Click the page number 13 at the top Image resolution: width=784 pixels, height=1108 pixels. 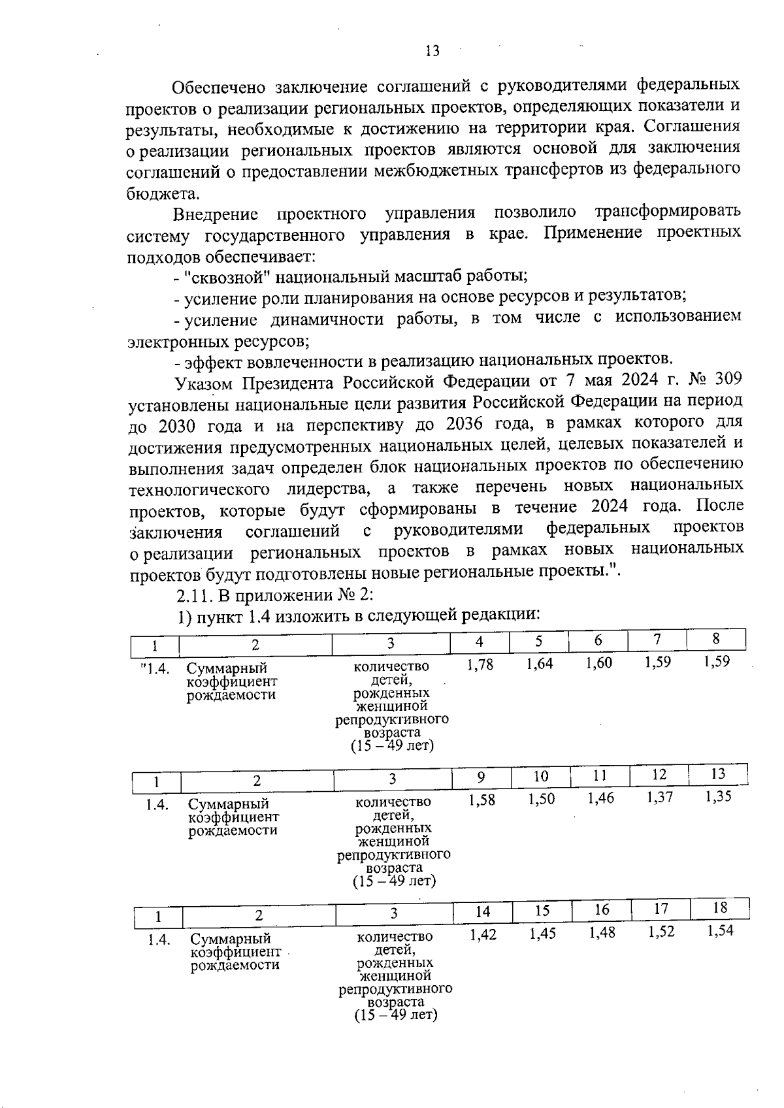point(432,51)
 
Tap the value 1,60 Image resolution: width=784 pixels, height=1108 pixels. point(598,663)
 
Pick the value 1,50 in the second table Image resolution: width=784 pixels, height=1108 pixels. point(541,799)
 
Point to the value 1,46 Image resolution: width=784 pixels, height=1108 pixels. point(600,798)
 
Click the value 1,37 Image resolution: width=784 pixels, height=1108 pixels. point(659,797)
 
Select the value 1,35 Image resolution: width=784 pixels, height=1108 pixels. point(719,796)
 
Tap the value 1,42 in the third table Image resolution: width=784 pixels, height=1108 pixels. point(483,935)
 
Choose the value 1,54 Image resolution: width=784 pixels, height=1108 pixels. point(721,930)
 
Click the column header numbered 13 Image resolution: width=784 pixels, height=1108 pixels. point(717,774)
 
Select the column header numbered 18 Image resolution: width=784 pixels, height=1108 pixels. point(719,908)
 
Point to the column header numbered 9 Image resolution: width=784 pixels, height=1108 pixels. point(481,777)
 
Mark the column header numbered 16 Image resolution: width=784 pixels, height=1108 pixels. point(602,909)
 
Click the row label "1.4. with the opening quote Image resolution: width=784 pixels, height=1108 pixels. point(155,669)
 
